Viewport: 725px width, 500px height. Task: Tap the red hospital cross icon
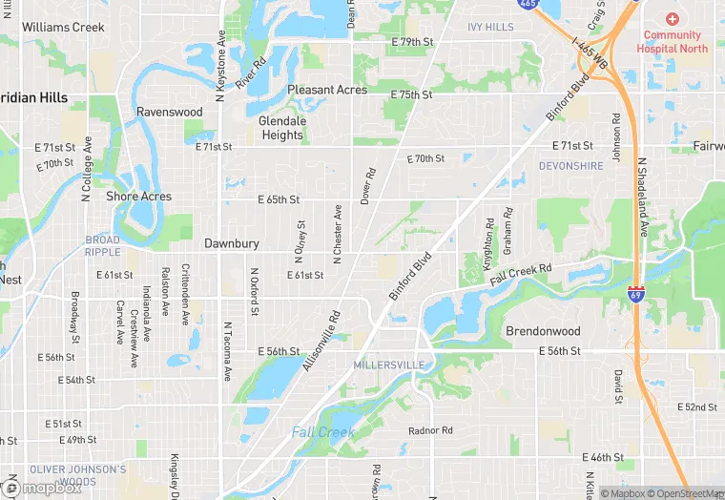(x=673, y=19)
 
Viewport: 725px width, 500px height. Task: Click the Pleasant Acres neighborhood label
(x=327, y=90)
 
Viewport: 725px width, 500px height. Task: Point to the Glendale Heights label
(x=282, y=128)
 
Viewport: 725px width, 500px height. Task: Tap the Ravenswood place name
(x=170, y=112)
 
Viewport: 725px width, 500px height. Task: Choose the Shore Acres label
(x=139, y=197)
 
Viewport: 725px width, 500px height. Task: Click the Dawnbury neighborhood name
(x=231, y=244)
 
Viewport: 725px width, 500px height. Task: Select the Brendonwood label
(x=542, y=331)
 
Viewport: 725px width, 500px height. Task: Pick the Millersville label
(x=388, y=365)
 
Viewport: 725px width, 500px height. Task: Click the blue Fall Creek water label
(x=323, y=432)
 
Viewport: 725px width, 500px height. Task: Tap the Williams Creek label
(x=63, y=27)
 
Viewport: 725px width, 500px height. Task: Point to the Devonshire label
(x=570, y=166)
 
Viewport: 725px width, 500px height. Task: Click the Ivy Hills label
(x=490, y=28)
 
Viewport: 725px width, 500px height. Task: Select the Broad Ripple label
(x=103, y=246)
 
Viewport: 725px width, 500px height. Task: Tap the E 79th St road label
(x=412, y=43)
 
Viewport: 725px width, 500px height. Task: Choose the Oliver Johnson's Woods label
(x=77, y=475)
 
